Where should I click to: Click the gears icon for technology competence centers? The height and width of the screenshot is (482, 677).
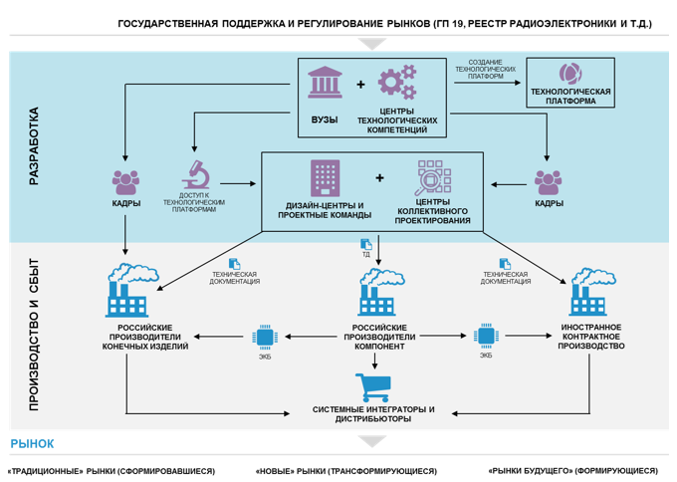[396, 83]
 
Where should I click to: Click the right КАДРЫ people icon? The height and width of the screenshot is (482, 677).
[549, 181]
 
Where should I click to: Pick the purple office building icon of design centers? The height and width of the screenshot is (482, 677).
[325, 179]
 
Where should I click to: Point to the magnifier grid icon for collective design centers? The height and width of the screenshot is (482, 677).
[431, 179]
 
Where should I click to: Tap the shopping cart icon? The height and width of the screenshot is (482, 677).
[373, 384]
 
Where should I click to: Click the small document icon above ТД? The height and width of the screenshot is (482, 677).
[365, 243]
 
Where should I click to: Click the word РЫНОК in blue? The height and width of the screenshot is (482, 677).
[34, 443]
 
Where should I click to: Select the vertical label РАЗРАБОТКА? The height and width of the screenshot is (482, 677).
[34, 145]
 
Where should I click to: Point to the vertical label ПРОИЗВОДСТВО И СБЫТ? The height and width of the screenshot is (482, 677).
[34, 334]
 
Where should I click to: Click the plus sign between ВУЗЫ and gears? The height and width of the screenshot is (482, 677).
[360, 86]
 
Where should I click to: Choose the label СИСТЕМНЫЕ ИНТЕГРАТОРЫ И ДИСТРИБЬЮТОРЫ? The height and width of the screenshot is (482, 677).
[373, 414]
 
